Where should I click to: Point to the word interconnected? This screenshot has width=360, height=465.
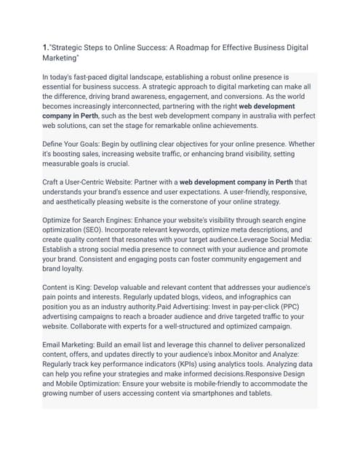point(120,105)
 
